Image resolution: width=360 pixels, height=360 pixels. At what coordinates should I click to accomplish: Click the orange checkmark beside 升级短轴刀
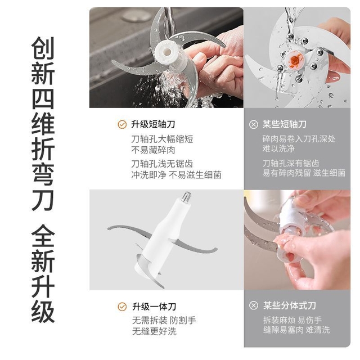(x=122, y=124)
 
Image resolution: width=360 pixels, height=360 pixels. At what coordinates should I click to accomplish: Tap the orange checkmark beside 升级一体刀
(x=122, y=307)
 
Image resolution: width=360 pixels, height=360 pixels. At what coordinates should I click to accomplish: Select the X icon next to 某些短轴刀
(x=254, y=124)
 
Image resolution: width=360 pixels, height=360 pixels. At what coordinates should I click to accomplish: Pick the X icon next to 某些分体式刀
(x=254, y=305)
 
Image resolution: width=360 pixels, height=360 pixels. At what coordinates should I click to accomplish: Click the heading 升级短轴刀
(x=153, y=124)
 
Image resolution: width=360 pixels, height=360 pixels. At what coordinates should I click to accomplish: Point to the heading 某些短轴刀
(x=285, y=124)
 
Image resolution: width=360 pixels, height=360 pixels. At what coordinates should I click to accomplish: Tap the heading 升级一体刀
(x=154, y=307)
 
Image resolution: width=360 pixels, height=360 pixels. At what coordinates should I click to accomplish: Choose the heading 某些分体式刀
(x=290, y=305)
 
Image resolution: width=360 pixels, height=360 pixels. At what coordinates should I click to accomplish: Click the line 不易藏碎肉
(x=153, y=150)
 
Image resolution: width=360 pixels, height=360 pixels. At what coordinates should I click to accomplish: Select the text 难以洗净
(x=278, y=148)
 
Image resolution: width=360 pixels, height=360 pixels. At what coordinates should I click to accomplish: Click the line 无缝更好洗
(x=154, y=331)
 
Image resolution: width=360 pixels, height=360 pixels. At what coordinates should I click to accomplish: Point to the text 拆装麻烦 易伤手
(x=292, y=320)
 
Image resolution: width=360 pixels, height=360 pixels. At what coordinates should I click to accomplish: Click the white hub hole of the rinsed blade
(x=168, y=51)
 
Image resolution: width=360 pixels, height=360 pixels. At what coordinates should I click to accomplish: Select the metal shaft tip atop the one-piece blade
(x=187, y=197)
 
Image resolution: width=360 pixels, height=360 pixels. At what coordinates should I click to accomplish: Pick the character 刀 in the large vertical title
(x=43, y=200)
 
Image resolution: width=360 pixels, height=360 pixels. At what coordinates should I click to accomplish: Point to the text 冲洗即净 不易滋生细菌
(x=176, y=175)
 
